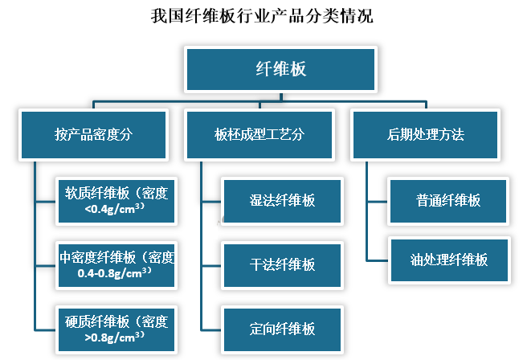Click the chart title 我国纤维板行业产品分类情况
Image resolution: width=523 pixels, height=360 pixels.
point(261,16)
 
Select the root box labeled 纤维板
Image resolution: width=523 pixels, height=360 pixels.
point(280,69)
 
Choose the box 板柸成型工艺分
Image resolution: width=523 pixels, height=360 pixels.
point(259,134)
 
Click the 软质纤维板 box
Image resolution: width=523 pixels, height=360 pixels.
point(116,199)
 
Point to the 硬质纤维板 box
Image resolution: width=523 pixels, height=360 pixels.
point(116,329)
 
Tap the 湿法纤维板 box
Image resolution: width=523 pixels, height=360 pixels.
point(282,200)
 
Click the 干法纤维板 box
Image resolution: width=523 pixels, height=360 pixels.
point(282,264)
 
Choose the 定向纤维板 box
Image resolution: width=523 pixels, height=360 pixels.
point(282,328)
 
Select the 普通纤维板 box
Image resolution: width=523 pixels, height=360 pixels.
point(448,200)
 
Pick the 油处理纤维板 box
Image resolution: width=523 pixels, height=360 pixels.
point(448,260)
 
